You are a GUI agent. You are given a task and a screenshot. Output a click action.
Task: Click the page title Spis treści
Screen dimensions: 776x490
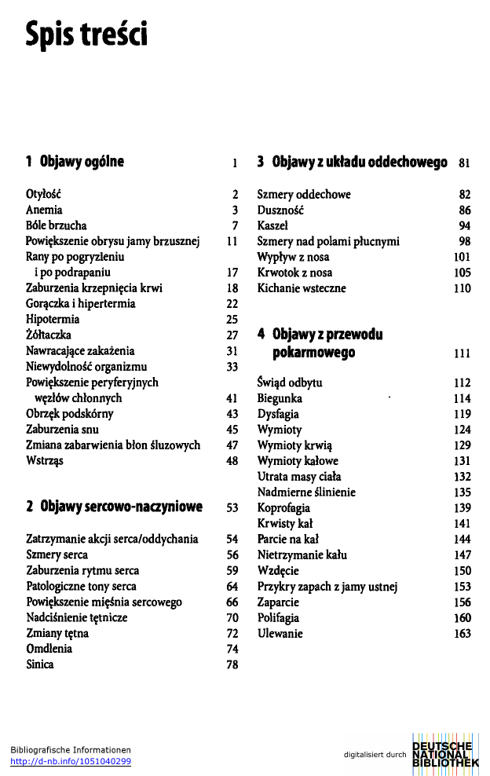[x=86, y=34]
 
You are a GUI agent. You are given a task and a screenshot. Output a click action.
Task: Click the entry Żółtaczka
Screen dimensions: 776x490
[x=48, y=335]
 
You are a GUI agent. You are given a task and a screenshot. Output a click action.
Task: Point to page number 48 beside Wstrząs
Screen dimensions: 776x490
[x=232, y=461]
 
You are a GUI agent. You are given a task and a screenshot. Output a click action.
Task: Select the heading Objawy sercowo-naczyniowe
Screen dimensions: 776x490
[x=121, y=507]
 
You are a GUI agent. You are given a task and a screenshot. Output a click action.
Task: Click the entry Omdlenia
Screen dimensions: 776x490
[x=49, y=649]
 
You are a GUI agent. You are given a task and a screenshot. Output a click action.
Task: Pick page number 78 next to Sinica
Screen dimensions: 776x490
[x=232, y=664]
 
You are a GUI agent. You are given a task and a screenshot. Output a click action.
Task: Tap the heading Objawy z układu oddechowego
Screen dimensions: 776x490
[x=360, y=163]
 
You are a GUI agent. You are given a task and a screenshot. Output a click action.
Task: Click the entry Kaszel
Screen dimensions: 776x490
[x=274, y=225]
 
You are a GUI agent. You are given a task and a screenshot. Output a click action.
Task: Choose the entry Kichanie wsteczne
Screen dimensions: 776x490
[x=302, y=288]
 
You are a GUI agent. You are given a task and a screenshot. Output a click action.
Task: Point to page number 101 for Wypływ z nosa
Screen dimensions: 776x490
[x=462, y=257]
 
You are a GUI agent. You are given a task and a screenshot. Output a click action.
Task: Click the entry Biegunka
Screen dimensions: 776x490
[x=280, y=398]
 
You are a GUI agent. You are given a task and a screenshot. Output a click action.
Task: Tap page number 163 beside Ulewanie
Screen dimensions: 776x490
[x=462, y=634]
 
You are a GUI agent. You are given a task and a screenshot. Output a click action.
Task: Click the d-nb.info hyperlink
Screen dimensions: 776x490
[x=71, y=761]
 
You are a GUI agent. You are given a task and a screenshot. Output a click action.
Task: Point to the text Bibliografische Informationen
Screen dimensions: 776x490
[x=71, y=750]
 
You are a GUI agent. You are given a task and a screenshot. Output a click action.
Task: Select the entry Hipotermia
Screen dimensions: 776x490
[x=53, y=320]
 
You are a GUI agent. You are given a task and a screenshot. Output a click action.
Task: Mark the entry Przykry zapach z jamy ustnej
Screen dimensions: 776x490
[x=328, y=587]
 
